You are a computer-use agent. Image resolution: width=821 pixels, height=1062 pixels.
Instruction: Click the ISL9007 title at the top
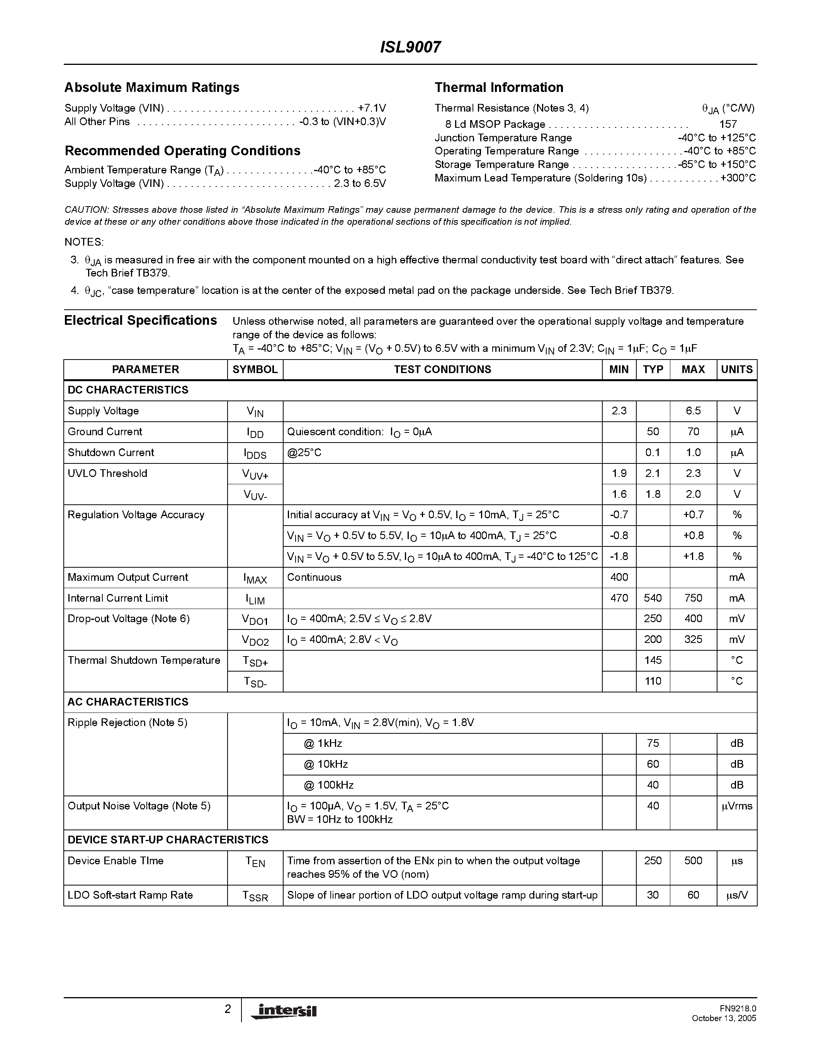tap(410, 47)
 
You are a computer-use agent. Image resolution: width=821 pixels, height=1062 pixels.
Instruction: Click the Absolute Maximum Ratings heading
tap(152, 88)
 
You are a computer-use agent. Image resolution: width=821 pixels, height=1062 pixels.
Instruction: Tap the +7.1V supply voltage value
tap(372, 108)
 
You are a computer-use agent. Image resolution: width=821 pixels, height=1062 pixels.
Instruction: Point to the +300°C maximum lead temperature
tap(738, 178)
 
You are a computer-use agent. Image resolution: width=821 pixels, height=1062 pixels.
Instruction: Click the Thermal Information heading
tap(498, 88)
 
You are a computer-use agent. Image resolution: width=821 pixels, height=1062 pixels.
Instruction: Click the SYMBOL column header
tap(255, 370)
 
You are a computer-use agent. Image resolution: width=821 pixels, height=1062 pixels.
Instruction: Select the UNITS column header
tap(736, 370)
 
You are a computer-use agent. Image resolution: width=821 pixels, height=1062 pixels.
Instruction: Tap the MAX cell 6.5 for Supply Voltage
tap(693, 411)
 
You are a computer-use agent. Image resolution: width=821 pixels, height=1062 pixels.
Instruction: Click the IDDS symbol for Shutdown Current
tap(255, 454)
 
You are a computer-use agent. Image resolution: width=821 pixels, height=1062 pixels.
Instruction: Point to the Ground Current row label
tap(105, 432)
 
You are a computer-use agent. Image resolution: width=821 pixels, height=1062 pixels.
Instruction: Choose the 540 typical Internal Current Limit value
tap(652, 598)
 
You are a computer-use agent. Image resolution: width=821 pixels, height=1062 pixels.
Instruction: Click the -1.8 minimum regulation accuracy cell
tap(619, 556)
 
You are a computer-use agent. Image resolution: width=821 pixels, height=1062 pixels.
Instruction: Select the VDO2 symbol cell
tap(255, 641)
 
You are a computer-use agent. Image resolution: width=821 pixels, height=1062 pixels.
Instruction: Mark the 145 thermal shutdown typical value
tap(652, 660)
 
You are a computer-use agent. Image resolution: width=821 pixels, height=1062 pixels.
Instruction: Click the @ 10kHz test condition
tap(326, 764)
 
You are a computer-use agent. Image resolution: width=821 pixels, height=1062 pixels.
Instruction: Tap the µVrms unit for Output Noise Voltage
tap(736, 806)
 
